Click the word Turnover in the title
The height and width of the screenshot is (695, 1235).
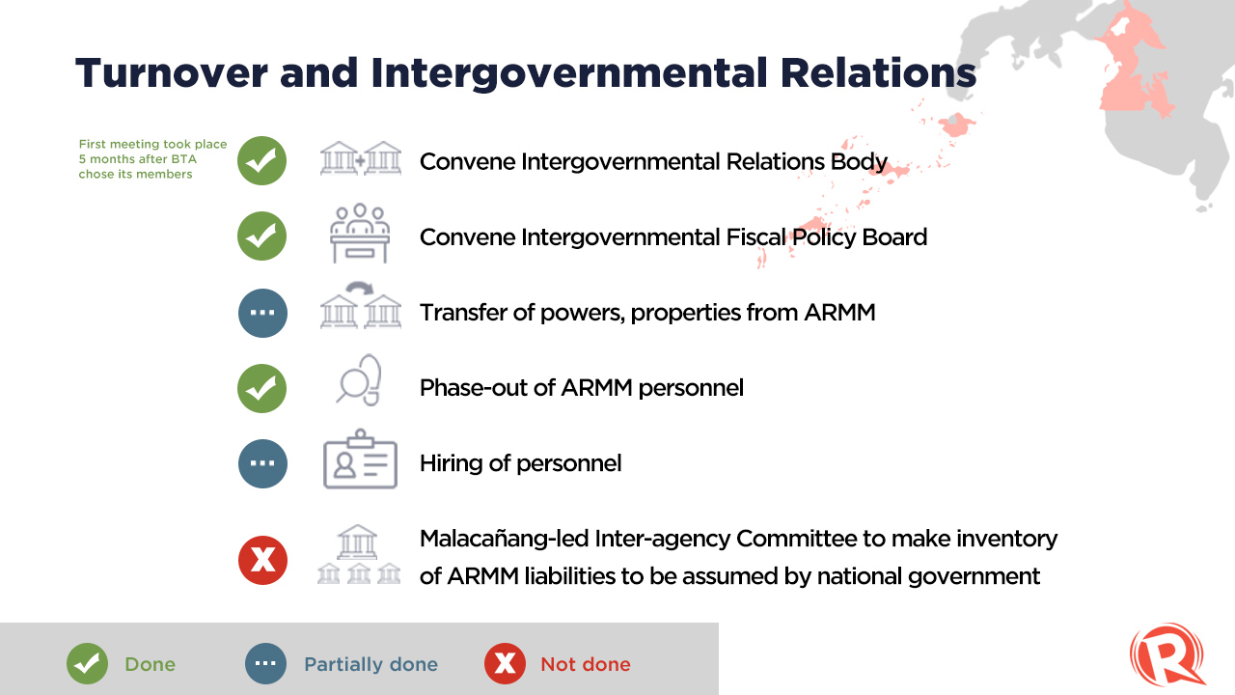(172, 73)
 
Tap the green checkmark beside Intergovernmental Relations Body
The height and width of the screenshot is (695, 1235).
(261, 160)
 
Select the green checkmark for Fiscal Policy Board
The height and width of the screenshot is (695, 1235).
(261, 236)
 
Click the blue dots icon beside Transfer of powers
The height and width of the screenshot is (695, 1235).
(262, 313)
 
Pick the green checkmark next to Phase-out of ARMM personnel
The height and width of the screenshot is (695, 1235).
(261, 388)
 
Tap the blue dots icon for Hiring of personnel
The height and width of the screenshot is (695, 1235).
(262, 463)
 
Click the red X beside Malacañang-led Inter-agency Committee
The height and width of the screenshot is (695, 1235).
(262, 561)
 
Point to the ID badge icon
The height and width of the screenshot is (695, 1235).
(360, 459)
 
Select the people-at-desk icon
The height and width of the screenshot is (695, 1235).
(360, 234)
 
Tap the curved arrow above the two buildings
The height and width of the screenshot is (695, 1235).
(360, 288)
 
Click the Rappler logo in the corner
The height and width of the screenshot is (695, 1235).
(1166, 654)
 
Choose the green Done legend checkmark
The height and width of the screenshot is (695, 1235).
(87, 663)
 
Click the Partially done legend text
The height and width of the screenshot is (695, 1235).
(371, 664)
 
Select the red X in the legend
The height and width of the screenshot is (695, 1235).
(505, 663)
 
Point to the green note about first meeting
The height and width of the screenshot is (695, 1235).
(152, 159)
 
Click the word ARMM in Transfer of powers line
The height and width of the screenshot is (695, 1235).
(839, 313)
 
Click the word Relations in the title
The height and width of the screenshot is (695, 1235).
(878, 73)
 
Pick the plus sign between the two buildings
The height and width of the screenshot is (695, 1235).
(360, 161)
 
